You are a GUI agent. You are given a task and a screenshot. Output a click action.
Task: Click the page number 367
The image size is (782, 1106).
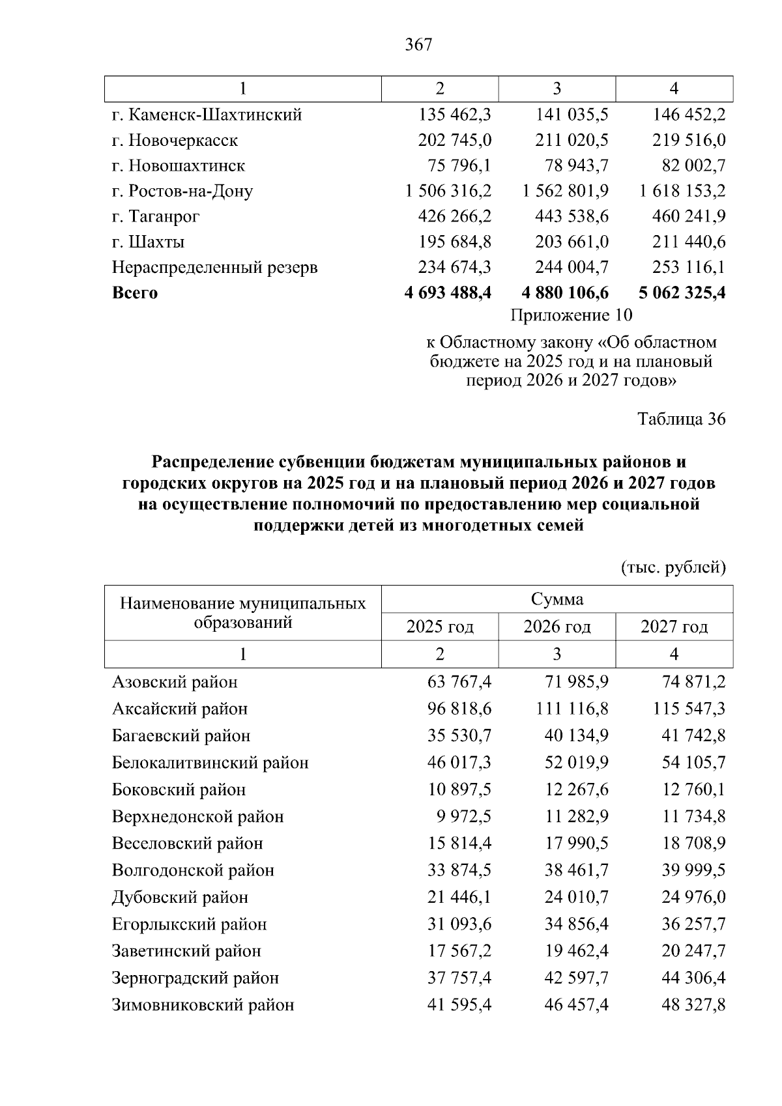pos(418,45)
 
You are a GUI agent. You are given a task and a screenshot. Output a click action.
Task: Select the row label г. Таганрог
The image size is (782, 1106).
pos(156,216)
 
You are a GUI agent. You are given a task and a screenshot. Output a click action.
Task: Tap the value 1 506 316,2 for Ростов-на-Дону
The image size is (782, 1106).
pos(448,191)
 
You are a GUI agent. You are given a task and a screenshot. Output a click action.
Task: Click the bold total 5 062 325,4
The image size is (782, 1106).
pos(682,293)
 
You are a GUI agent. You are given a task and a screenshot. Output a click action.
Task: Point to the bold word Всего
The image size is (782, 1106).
pos(135,293)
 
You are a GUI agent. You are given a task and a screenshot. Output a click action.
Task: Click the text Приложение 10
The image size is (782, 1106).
pos(571,316)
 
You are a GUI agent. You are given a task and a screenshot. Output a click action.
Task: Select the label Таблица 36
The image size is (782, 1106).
pos(681,419)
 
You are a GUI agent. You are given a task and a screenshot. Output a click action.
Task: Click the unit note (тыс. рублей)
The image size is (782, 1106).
pos(673,568)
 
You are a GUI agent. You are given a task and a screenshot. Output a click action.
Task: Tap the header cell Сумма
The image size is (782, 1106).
pos(557,599)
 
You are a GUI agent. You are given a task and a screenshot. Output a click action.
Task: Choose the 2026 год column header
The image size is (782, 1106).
pos(557,627)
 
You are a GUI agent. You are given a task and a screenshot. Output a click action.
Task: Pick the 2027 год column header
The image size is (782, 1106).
pos(674,627)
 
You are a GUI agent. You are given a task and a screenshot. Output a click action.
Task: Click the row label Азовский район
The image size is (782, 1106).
pos(175,682)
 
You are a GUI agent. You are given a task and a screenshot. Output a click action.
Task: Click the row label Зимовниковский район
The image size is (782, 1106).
pos(203,1004)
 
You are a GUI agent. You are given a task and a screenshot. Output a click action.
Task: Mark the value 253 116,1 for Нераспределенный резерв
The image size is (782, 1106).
pos(689,268)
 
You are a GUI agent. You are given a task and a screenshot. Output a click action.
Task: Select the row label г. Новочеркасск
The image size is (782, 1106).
pos(175,141)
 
